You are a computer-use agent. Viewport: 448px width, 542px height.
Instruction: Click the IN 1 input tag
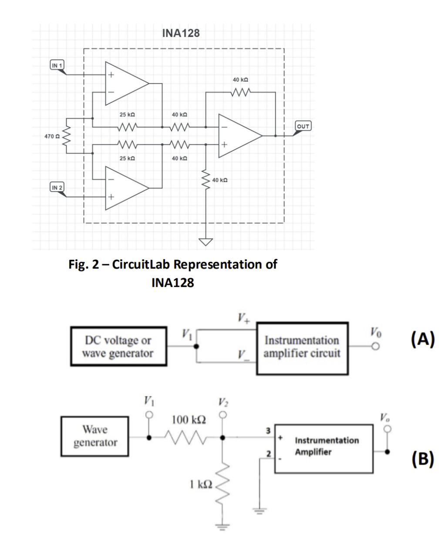tap(57, 65)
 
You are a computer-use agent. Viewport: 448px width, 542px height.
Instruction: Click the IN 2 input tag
tap(57, 187)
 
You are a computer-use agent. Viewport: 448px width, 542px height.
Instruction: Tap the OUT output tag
tap(303, 126)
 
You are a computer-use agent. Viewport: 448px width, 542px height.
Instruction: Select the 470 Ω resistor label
tap(51, 137)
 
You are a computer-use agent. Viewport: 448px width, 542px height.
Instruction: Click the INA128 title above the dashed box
tap(181, 33)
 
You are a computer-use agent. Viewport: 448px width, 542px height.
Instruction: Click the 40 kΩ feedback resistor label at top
tap(240, 80)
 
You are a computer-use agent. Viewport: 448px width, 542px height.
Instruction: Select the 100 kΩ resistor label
tap(189, 420)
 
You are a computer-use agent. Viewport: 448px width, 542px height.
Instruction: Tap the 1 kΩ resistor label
tap(200, 483)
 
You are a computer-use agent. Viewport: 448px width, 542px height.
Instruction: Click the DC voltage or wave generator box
tap(118, 347)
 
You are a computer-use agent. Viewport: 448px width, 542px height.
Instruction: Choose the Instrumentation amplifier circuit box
tap(302, 347)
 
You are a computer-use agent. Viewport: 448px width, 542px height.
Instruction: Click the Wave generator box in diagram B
tap(95, 436)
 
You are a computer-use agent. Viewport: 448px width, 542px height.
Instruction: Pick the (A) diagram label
tap(423, 339)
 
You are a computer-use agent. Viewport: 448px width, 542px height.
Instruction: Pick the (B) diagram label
tap(423, 458)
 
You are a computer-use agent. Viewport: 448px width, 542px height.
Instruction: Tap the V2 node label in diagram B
tap(223, 402)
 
